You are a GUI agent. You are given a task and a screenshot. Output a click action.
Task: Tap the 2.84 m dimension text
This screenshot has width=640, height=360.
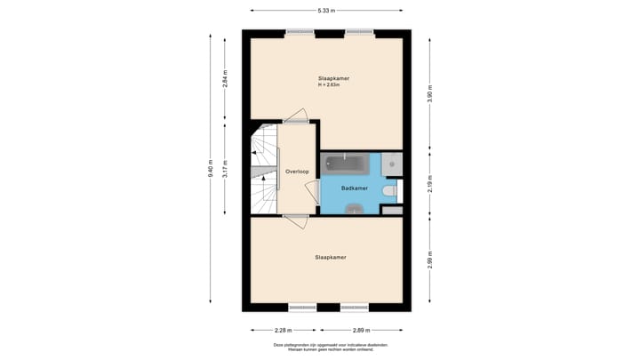tap(225, 78)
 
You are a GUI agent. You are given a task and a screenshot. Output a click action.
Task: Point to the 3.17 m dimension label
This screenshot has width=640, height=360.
tap(225, 168)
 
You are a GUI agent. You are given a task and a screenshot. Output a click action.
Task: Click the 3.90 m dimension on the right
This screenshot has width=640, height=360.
tap(429, 94)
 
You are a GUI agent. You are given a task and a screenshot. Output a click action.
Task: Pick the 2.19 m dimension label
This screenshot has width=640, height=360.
tap(429, 183)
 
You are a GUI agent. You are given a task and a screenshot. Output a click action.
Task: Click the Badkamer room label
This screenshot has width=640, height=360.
tap(354, 188)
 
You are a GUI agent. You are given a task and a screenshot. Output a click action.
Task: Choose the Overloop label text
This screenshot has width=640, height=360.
tap(296, 171)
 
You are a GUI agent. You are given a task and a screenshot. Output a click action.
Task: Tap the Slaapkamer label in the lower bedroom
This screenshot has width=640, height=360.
tap(330, 257)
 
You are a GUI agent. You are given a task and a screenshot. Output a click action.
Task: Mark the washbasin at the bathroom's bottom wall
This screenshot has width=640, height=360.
tap(354, 210)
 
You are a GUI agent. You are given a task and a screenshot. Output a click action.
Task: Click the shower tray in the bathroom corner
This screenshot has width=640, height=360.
tap(392, 163)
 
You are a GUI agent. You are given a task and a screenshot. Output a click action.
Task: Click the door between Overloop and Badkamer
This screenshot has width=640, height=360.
tap(312, 192)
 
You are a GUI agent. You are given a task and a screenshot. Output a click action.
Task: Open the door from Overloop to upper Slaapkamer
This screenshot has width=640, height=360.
tap(295, 116)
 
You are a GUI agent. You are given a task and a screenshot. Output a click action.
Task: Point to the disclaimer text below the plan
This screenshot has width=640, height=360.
tap(330, 347)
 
